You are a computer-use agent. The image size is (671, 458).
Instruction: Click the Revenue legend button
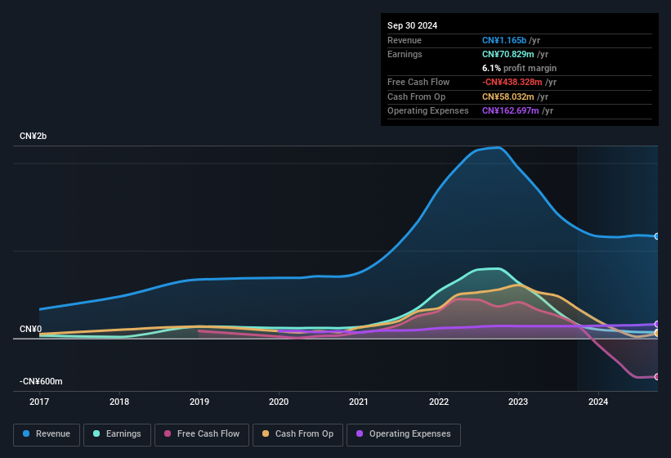pos(47,434)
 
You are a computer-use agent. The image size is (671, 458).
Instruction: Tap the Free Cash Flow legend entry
pos(202,434)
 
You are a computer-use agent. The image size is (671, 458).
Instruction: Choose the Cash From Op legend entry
pos(297,434)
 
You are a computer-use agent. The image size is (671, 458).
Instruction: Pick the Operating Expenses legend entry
pos(403,434)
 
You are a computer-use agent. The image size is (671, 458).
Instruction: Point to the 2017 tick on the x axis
pos(39,402)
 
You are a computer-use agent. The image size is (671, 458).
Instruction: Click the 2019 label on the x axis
pos(199,402)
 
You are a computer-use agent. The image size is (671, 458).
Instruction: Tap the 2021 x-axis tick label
pos(358,402)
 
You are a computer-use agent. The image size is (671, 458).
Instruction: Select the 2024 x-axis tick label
pos(597,402)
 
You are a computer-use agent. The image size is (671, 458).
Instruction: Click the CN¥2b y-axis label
pos(34,136)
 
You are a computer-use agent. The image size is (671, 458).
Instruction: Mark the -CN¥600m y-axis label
pos(41,382)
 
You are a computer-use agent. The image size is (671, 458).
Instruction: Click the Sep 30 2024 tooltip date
pos(413,25)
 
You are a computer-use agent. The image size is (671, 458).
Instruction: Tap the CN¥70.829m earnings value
pos(508,54)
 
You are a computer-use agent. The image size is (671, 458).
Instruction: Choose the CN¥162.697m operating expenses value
pos(511,110)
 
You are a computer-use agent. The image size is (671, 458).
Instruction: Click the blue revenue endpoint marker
pos(657,236)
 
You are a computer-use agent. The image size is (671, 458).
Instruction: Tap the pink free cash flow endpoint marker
pos(657,376)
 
